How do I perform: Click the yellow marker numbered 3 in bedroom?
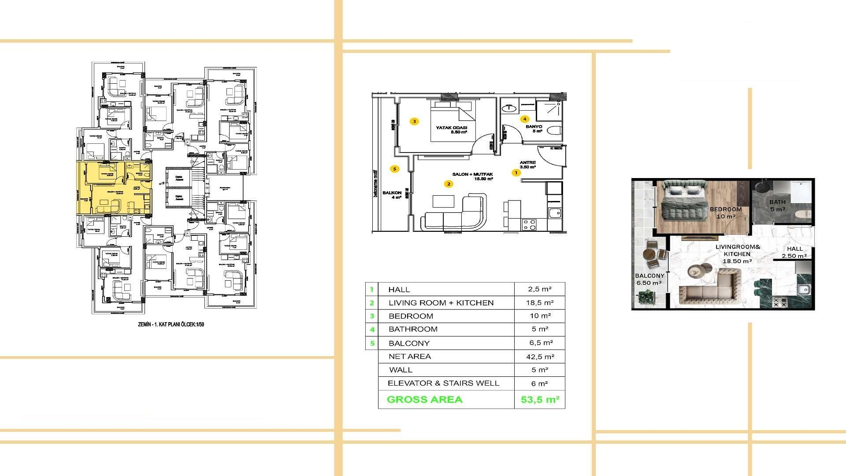coord(414,121)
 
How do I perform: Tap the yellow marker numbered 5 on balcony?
coord(394,169)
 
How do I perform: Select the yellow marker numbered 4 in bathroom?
coord(524,119)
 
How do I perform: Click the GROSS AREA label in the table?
coord(424,400)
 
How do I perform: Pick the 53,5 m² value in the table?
coord(540,400)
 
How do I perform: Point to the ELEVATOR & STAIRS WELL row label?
coord(443,383)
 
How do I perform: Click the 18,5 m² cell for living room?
coord(540,303)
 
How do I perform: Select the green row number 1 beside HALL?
coord(372,290)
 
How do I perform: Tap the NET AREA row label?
coord(410,357)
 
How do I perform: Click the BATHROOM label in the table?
coord(413,329)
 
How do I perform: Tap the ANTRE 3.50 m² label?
coord(527,165)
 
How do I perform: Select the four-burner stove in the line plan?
coord(529,225)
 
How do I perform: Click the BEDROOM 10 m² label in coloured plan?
coord(725,213)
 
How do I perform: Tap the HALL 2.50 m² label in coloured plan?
coord(794,252)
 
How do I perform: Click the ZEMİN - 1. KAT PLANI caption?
coord(171,324)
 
